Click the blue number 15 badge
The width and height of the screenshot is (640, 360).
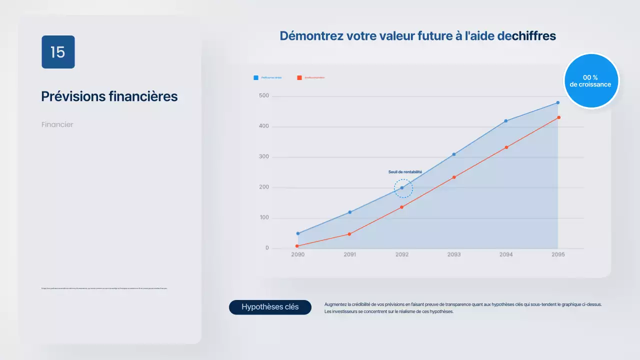pos(58,52)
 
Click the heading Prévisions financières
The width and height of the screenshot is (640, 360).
pos(109,96)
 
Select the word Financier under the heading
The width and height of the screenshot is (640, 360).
pos(57,124)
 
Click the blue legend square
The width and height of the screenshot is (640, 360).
pos(256,77)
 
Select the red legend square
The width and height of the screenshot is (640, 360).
pos(299,77)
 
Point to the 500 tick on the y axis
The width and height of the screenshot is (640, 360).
pos(263,95)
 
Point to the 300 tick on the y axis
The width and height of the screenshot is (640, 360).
pos(263,156)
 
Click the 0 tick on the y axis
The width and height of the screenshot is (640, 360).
pos(267,248)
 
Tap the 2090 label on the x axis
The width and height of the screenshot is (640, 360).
pos(297,254)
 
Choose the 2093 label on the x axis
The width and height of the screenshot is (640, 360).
pos(454,254)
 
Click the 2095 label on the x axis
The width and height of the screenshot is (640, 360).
pos(558,254)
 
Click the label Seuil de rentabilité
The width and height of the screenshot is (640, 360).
pos(405,172)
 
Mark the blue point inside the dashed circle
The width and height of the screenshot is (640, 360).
pos(401,188)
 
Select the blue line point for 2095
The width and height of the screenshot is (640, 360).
pos(558,102)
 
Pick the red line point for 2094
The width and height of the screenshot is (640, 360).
pos(506,147)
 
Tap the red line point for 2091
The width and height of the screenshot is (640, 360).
pos(349,234)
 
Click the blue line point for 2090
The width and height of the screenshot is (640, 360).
pos(298,233)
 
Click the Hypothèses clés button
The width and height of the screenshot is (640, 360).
pos(270,307)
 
